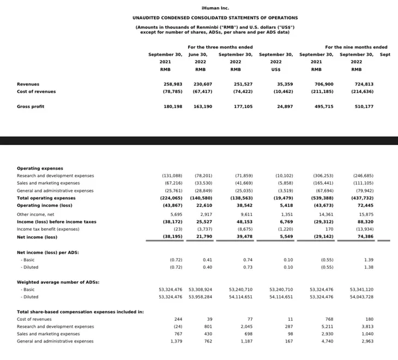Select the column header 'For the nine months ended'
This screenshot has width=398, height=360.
(x=356, y=47)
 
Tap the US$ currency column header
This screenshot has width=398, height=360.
(x=275, y=69)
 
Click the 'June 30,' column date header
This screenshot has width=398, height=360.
(x=198, y=55)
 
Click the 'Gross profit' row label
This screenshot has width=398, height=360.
(x=31, y=106)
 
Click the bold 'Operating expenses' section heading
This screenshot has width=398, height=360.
(x=40, y=169)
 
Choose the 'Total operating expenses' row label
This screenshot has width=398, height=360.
(x=46, y=198)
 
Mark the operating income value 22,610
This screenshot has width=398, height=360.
(x=203, y=206)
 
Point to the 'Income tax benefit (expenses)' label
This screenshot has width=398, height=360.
(x=47, y=230)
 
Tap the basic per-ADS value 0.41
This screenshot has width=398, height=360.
(x=207, y=260)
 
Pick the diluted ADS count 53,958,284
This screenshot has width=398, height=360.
(x=200, y=297)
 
